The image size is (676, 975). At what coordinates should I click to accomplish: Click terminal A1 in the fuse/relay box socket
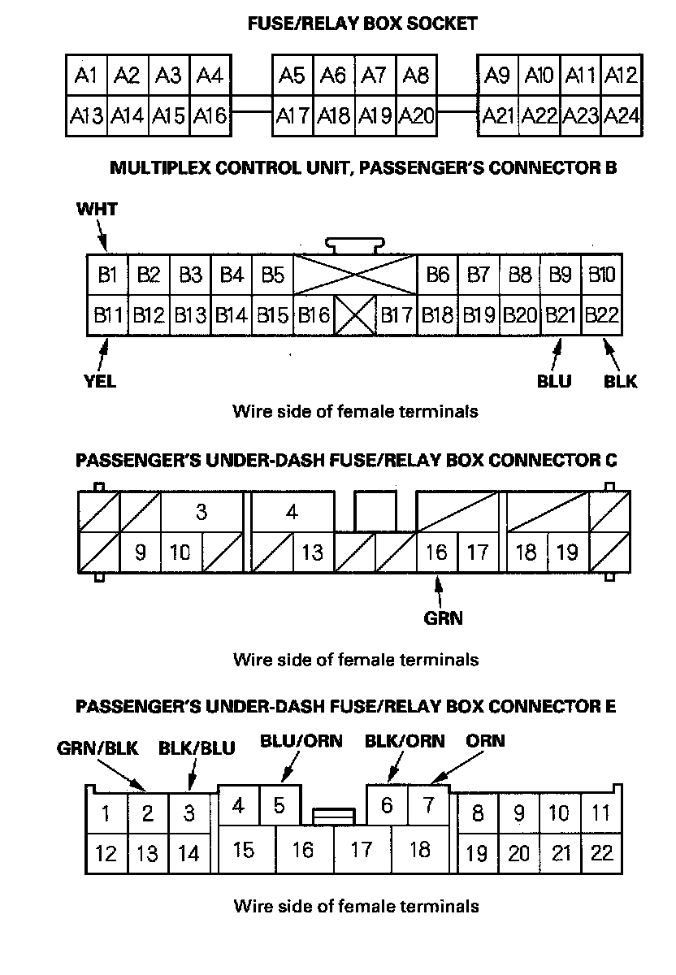point(86,76)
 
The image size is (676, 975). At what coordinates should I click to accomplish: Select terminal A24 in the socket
point(622,116)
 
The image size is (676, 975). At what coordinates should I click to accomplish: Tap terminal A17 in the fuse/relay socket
point(292,116)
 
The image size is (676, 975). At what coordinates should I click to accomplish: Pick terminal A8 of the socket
point(416,76)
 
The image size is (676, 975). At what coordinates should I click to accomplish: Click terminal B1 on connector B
point(108,275)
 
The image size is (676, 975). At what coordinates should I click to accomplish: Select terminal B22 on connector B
point(602,314)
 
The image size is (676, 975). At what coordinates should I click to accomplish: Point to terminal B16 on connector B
point(314,314)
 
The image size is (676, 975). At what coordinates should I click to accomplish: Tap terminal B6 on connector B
point(438,275)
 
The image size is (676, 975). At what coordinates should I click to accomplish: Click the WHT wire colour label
point(97,210)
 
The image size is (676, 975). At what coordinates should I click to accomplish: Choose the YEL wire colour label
point(99,381)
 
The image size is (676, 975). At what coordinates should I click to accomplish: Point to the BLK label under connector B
point(621,381)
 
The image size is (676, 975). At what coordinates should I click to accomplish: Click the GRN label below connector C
point(443,618)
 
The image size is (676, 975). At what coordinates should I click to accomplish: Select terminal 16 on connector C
point(437,552)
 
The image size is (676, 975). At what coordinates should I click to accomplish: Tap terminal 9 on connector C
point(141,552)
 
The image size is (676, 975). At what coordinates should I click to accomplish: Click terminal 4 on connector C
point(292,513)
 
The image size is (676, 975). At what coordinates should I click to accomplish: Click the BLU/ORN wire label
point(301,741)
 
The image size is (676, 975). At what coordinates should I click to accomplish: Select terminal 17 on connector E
point(361,850)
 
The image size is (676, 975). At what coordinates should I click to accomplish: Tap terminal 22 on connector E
point(601,853)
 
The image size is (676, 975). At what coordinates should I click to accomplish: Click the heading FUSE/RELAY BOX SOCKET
point(362,24)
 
